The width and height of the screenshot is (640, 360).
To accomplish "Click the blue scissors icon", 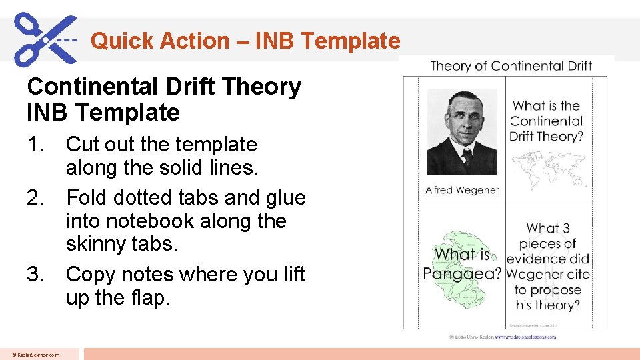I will coord(45,39).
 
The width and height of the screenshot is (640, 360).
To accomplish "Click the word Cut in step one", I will coord(83,144).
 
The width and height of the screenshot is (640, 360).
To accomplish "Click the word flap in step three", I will coord(146,297).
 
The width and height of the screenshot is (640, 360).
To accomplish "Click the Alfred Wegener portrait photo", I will coord(461,132).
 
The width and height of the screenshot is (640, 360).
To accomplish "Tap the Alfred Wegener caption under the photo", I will coord(462,190).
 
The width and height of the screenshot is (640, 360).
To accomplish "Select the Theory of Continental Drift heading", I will coord(511,65).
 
